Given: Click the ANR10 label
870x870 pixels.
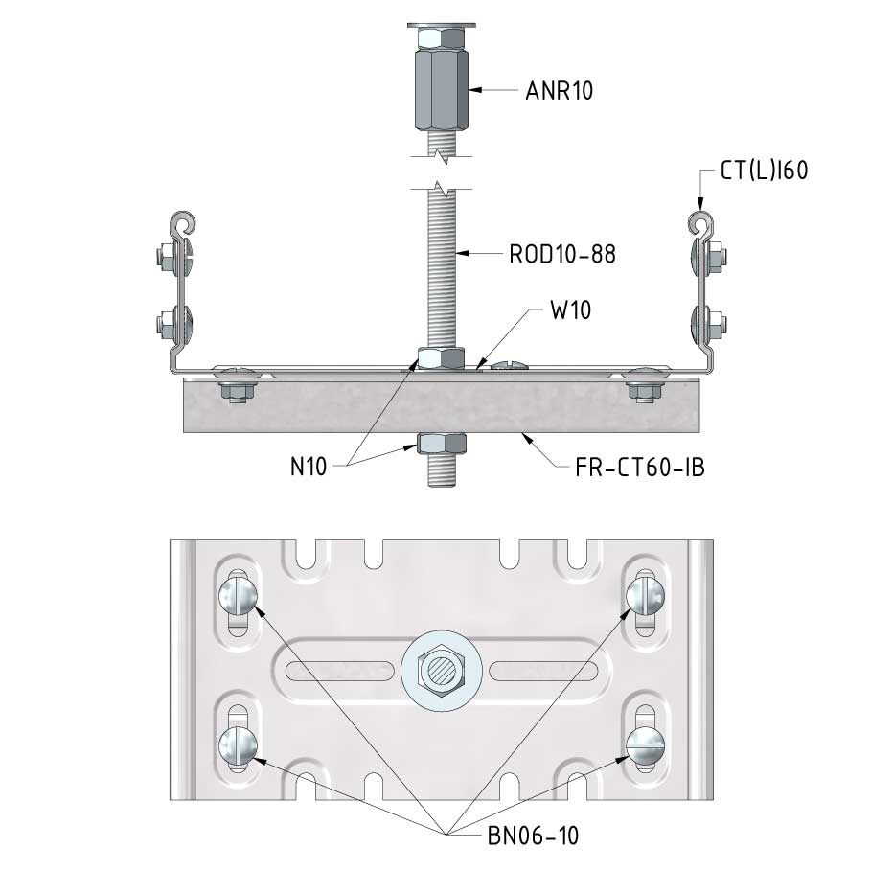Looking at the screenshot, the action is pos(559,91).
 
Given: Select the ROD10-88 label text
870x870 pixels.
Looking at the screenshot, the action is pos(562,254).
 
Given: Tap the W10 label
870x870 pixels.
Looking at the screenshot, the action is pos(570,310).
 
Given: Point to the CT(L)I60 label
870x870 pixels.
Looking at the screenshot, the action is pos(764,171).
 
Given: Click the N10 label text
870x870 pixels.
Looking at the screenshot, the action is pos(309,467).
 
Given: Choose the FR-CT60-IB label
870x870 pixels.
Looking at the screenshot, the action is pos(640,468).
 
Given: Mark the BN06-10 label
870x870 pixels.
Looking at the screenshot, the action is pos(533,836).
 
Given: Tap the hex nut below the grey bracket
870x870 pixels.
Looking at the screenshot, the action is pos(441,444).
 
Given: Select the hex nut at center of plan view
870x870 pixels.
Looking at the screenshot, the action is pos(441,671).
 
